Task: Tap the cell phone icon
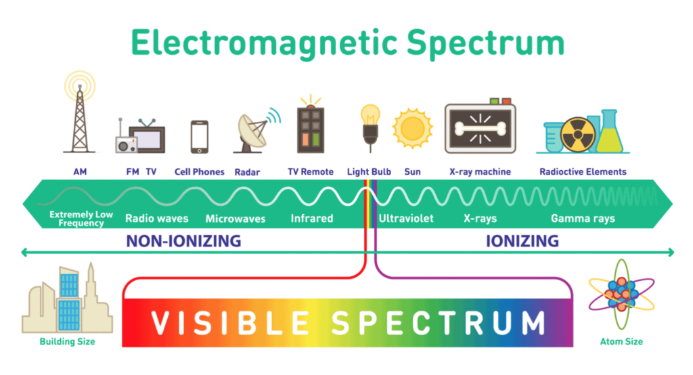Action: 200,137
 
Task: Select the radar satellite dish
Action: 253,131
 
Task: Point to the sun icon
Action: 412,129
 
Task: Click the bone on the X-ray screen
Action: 480,128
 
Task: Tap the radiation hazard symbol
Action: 578,135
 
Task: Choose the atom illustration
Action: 621,294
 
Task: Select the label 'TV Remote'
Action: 310,171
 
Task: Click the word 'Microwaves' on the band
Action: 235,219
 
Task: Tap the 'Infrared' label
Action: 311,218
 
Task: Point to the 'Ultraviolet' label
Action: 406,218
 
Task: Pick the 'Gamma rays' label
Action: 583,219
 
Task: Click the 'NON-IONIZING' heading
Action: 183,241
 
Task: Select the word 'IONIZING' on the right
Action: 522,241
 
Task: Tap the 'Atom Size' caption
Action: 621,341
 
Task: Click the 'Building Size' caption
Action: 67,341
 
